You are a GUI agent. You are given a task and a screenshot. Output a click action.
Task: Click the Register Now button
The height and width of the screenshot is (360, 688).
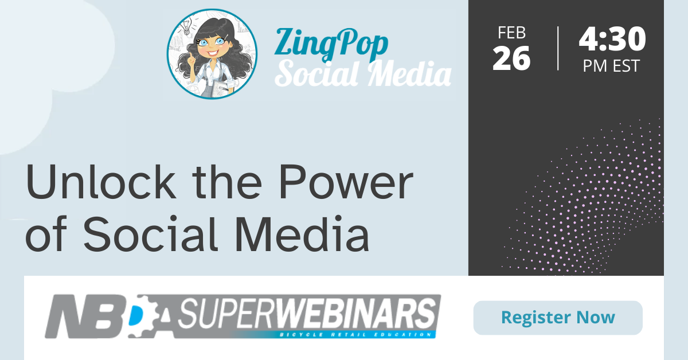(x=558, y=318)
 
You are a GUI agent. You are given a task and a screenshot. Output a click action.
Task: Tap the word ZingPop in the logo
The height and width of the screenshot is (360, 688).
(x=331, y=44)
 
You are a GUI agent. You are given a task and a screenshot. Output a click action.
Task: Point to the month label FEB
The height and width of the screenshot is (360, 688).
(x=511, y=33)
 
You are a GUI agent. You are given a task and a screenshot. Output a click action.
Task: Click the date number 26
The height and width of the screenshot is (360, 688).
(x=511, y=58)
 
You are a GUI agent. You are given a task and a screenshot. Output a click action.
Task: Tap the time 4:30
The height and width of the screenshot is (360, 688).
(x=612, y=39)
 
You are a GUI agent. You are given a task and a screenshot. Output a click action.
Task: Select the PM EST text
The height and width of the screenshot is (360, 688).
(x=611, y=66)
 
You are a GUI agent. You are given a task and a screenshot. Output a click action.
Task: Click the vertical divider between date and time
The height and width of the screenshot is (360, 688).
(x=558, y=49)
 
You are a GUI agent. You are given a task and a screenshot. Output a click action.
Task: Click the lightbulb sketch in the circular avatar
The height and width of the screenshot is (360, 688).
(x=186, y=26)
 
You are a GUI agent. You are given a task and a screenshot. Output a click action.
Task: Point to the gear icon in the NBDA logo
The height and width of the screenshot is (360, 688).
(x=144, y=316)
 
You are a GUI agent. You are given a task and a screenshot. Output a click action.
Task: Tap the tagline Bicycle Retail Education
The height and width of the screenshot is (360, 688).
(x=356, y=335)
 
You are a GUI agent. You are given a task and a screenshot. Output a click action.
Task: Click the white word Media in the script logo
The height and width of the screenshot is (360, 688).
(x=410, y=74)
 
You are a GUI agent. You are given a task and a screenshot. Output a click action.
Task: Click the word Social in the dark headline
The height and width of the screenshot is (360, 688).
(x=150, y=233)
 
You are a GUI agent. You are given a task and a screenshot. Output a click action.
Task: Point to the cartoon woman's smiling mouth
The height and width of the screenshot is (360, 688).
(x=213, y=53)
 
